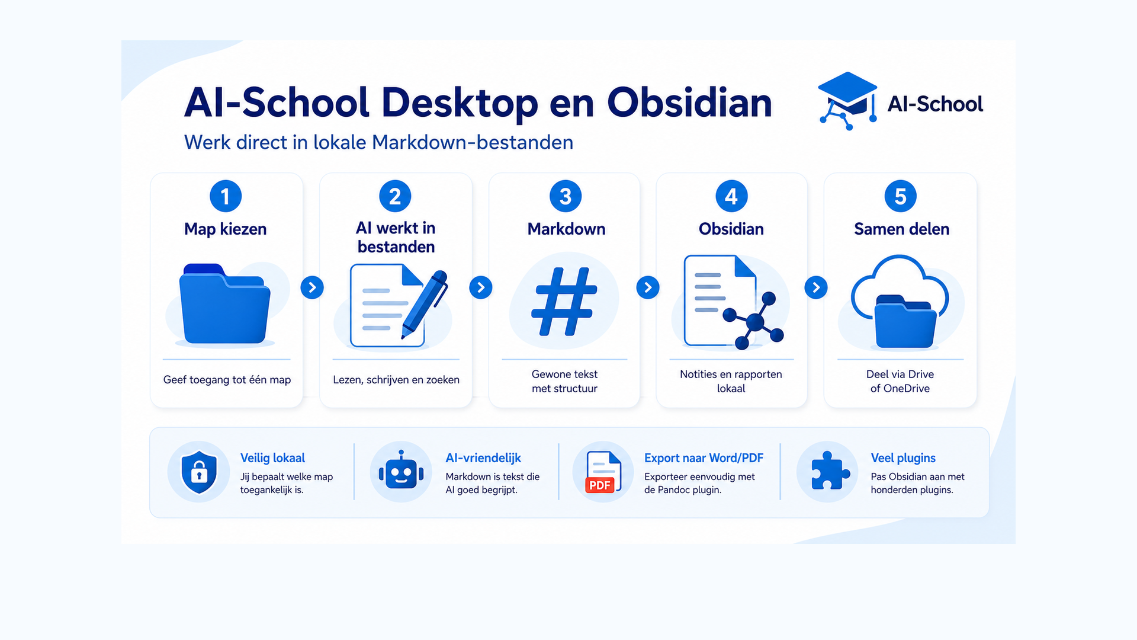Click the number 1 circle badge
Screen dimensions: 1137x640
226,196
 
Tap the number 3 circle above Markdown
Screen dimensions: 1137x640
566,196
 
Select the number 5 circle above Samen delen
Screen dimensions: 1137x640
900,196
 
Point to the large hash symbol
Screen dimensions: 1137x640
564,302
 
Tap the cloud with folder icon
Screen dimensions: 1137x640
900,301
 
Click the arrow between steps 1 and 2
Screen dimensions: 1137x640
312,287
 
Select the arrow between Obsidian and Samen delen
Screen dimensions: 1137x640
816,287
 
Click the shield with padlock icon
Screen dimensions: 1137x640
199,472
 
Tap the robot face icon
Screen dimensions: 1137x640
402,471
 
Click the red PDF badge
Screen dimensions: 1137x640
600,485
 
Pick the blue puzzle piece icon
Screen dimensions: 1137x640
830,471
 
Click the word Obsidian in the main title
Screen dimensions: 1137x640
690,103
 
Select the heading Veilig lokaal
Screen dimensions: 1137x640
272,458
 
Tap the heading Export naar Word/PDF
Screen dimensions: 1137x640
704,458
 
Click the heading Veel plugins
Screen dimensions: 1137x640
903,458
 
